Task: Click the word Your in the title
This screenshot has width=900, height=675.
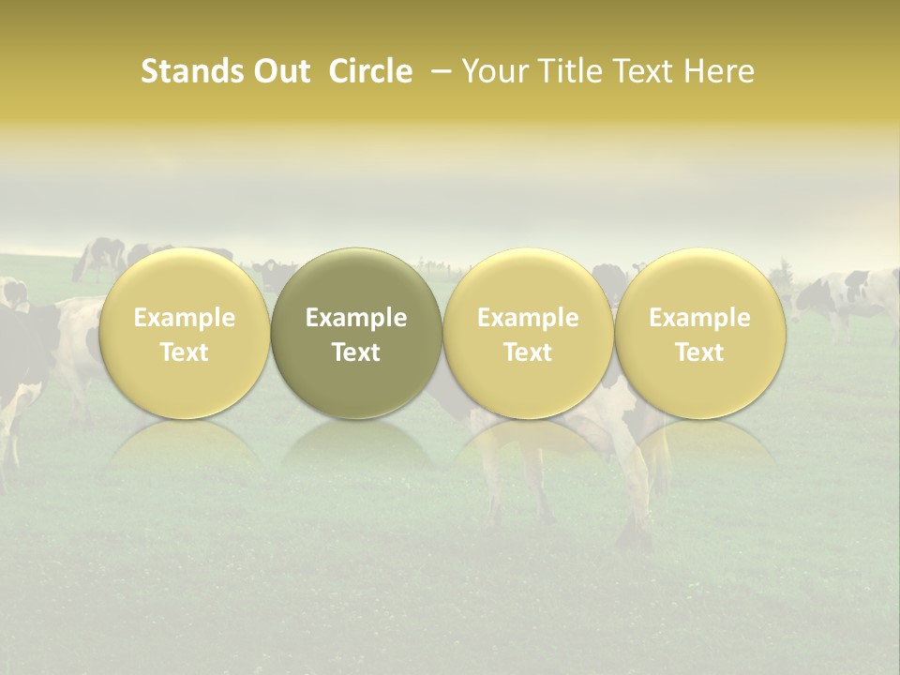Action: [x=493, y=72]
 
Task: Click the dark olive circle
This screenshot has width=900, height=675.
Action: [x=356, y=333]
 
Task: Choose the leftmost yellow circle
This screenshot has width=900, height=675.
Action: [x=185, y=333]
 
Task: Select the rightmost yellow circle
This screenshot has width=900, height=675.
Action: [x=699, y=333]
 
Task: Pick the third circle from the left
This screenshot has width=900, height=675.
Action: [x=528, y=333]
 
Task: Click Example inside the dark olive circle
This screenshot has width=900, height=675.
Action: [x=356, y=318]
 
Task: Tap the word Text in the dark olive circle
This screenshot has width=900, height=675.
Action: [x=356, y=352]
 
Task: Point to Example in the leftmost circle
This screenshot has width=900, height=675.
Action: [x=185, y=318]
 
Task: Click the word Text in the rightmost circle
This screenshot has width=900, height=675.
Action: [x=699, y=352]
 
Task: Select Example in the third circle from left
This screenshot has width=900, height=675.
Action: [x=528, y=318]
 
